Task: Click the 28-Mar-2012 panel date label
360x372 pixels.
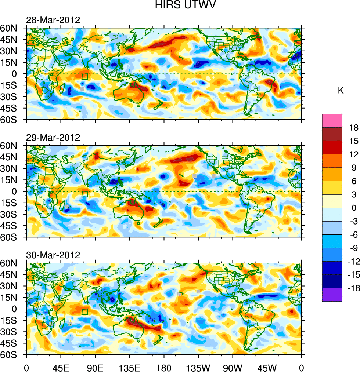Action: [x=53, y=20]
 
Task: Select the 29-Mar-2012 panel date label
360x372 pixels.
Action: [x=53, y=138]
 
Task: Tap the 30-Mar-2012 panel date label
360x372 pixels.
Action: [x=53, y=255]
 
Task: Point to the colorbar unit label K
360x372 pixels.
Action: [x=341, y=91]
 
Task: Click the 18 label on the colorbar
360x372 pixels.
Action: [x=354, y=128]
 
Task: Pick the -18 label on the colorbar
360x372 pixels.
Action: [x=353, y=288]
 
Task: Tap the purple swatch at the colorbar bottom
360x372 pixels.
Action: [x=332, y=295]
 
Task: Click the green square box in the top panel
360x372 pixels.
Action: [x=84, y=77]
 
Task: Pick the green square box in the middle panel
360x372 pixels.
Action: [x=84, y=194]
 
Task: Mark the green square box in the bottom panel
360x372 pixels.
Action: [x=84, y=312]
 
